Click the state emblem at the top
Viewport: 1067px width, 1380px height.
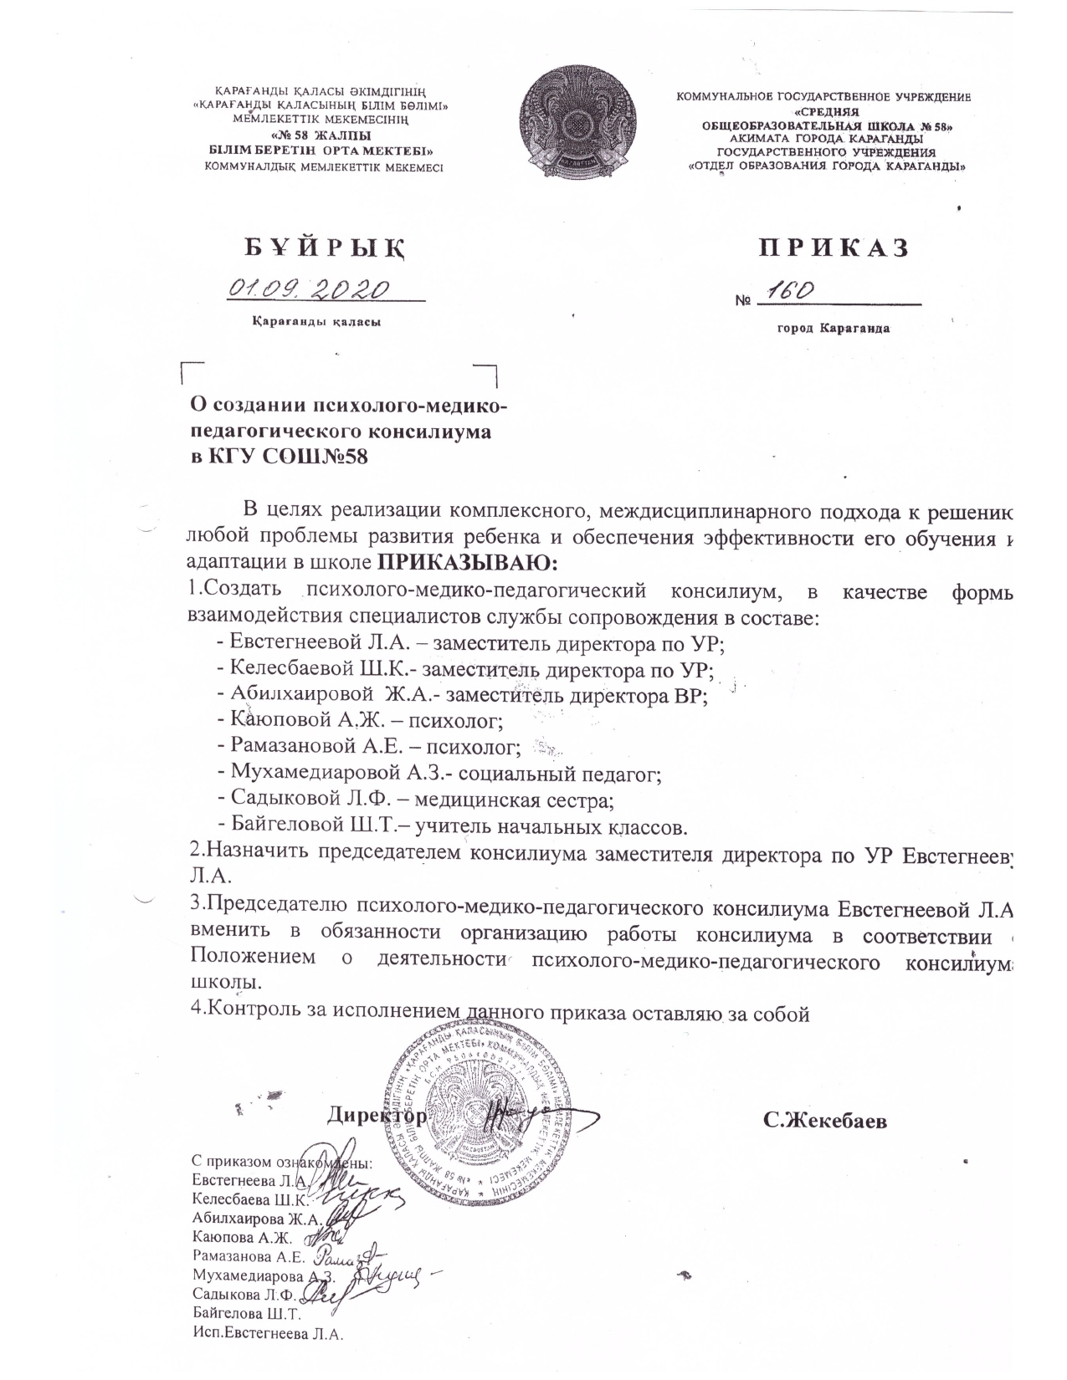[x=580, y=120]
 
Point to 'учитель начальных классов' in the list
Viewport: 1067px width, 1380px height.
[x=575, y=827]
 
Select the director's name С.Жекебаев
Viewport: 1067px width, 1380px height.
[x=825, y=1122]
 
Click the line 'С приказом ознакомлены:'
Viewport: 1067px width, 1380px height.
[x=281, y=1163]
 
